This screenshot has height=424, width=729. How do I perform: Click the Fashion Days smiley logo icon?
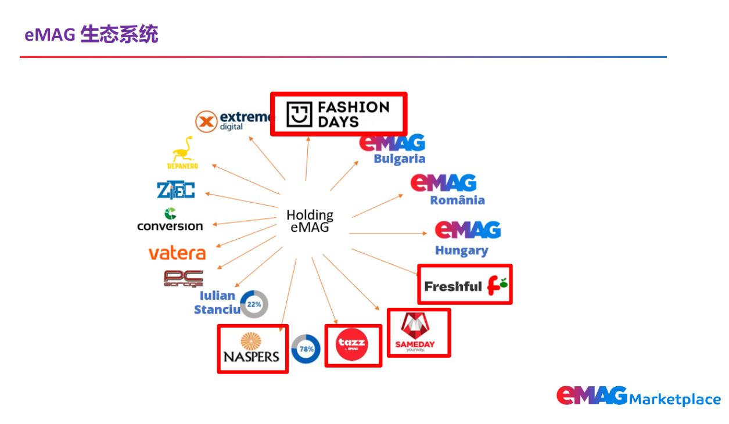click(299, 114)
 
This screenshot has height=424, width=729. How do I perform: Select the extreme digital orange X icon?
click(205, 121)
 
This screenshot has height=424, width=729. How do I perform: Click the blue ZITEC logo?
click(175, 190)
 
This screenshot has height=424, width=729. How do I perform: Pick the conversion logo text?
click(170, 225)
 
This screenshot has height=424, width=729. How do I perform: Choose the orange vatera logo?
click(177, 254)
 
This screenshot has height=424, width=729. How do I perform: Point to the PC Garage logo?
click(184, 279)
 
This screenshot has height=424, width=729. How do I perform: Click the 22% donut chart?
click(254, 304)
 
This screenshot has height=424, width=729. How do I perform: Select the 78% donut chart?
click(306, 349)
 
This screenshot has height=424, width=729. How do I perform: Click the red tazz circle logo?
click(353, 345)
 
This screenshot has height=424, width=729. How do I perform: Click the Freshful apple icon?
click(498, 285)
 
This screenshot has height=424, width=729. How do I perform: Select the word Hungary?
click(461, 251)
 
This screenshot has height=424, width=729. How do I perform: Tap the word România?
click(457, 200)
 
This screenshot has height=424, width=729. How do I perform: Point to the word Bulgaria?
click(399, 159)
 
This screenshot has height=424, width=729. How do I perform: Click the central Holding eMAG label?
click(310, 221)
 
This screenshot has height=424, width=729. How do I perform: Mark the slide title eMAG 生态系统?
click(91, 34)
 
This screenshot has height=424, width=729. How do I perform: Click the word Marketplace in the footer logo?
click(674, 400)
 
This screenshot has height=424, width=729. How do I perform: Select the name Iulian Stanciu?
click(217, 302)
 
